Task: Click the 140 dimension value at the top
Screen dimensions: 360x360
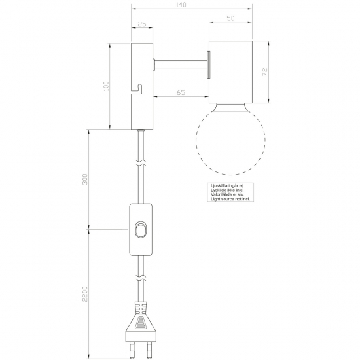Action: point(181,5)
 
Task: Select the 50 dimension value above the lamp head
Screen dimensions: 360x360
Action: point(230,18)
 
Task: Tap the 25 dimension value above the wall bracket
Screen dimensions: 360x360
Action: point(142,24)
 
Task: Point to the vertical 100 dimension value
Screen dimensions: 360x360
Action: point(106,86)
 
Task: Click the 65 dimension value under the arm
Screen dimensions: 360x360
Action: point(181,92)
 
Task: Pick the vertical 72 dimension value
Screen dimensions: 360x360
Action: point(264,72)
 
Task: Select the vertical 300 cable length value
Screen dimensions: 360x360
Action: point(85,179)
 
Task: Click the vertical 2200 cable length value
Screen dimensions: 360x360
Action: point(85,294)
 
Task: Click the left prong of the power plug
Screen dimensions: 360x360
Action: point(132,349)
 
